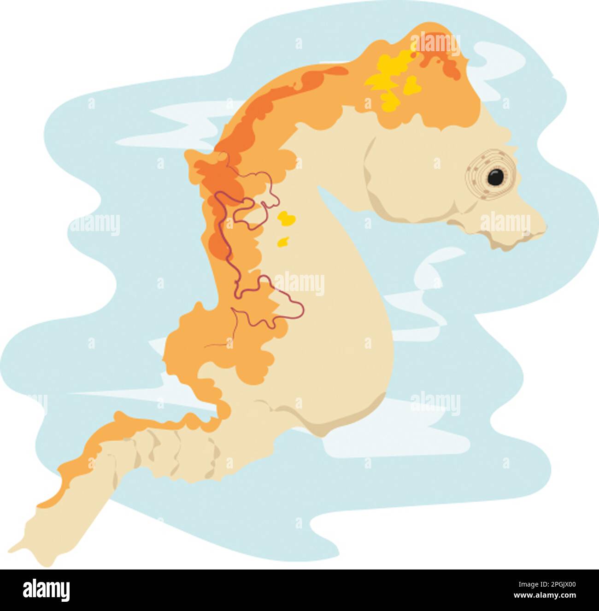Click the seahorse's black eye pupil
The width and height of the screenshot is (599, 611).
(495, 177)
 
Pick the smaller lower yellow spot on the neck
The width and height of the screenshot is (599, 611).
(283, 241)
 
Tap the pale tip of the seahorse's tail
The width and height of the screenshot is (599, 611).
(18, 549)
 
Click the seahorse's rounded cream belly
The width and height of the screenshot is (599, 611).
(350, 360)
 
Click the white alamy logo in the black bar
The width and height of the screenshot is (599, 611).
(46, 590)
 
